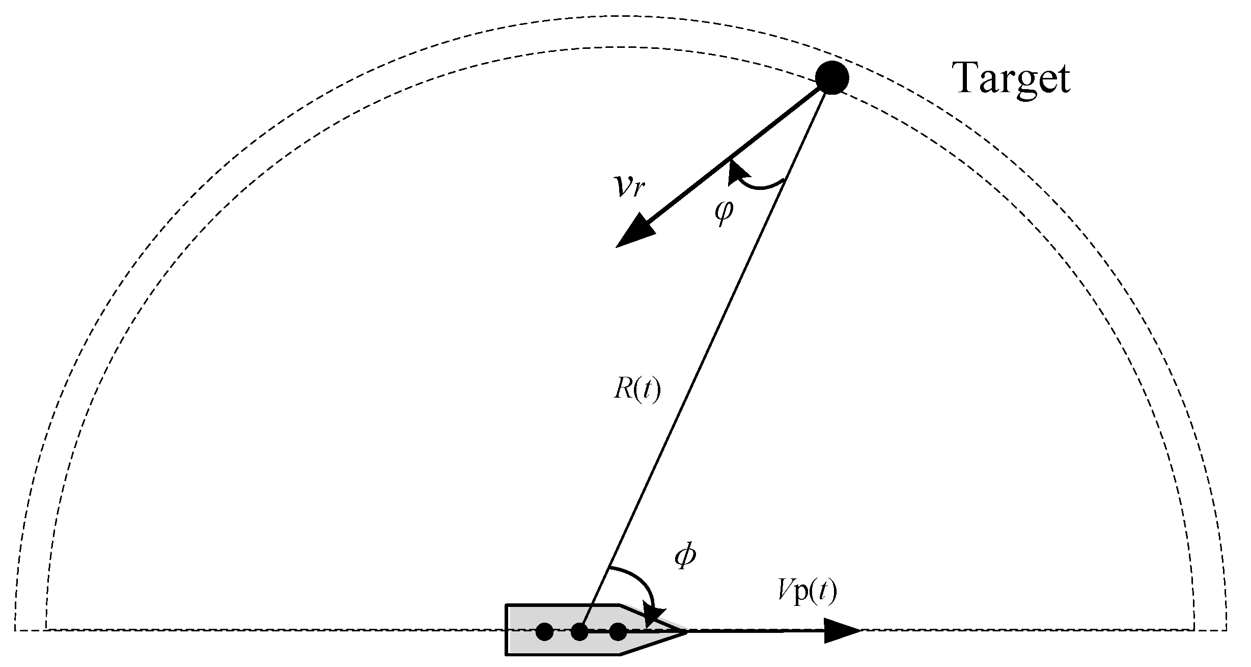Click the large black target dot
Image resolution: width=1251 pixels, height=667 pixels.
(831, 78)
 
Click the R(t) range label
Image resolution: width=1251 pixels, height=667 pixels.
(636, 391)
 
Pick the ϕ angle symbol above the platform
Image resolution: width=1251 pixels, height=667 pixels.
(685, 557)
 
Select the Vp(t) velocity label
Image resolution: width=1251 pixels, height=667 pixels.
(807, 592)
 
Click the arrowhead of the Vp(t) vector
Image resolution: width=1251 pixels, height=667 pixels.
(842, 631)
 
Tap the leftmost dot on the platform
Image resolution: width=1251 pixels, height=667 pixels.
(544, 632)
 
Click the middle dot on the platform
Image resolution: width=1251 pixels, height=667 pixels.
(579, 632)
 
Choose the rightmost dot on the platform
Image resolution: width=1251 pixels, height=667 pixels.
(618, 632)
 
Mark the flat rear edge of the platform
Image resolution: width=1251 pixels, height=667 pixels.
(506, 630)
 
